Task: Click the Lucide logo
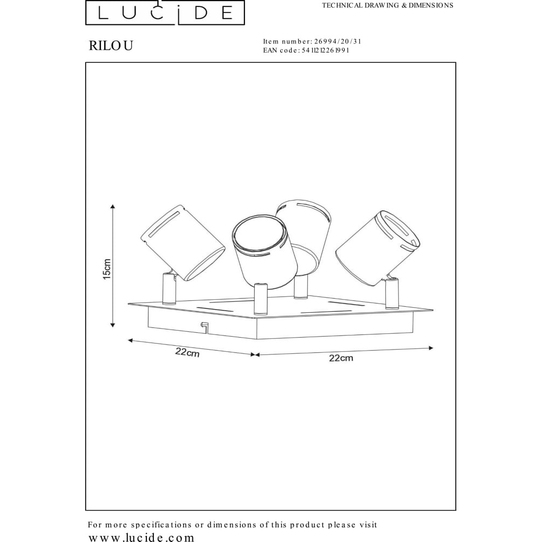(x=165, y=12)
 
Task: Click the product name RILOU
(x=111, y=46)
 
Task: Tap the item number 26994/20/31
(x=338, y=42)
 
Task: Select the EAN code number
(x=325, y=50)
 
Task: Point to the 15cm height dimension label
(x=107, y=269)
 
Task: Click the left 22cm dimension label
(x=188, y=352)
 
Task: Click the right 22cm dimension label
(x=341, y=358)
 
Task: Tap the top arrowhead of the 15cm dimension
(x=112, y=207)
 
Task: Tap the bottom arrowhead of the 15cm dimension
(x=112, y=325)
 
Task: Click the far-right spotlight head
(x=378, y=248)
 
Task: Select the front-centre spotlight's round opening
(x=260, y=234)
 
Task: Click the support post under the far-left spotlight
(x=169, y=288)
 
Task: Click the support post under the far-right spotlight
(x=392, y=293)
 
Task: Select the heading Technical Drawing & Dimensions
(x=388, y=5)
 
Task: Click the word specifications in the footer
(x=161, y=525)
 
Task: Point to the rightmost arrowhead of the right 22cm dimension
(x=431, y=348)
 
